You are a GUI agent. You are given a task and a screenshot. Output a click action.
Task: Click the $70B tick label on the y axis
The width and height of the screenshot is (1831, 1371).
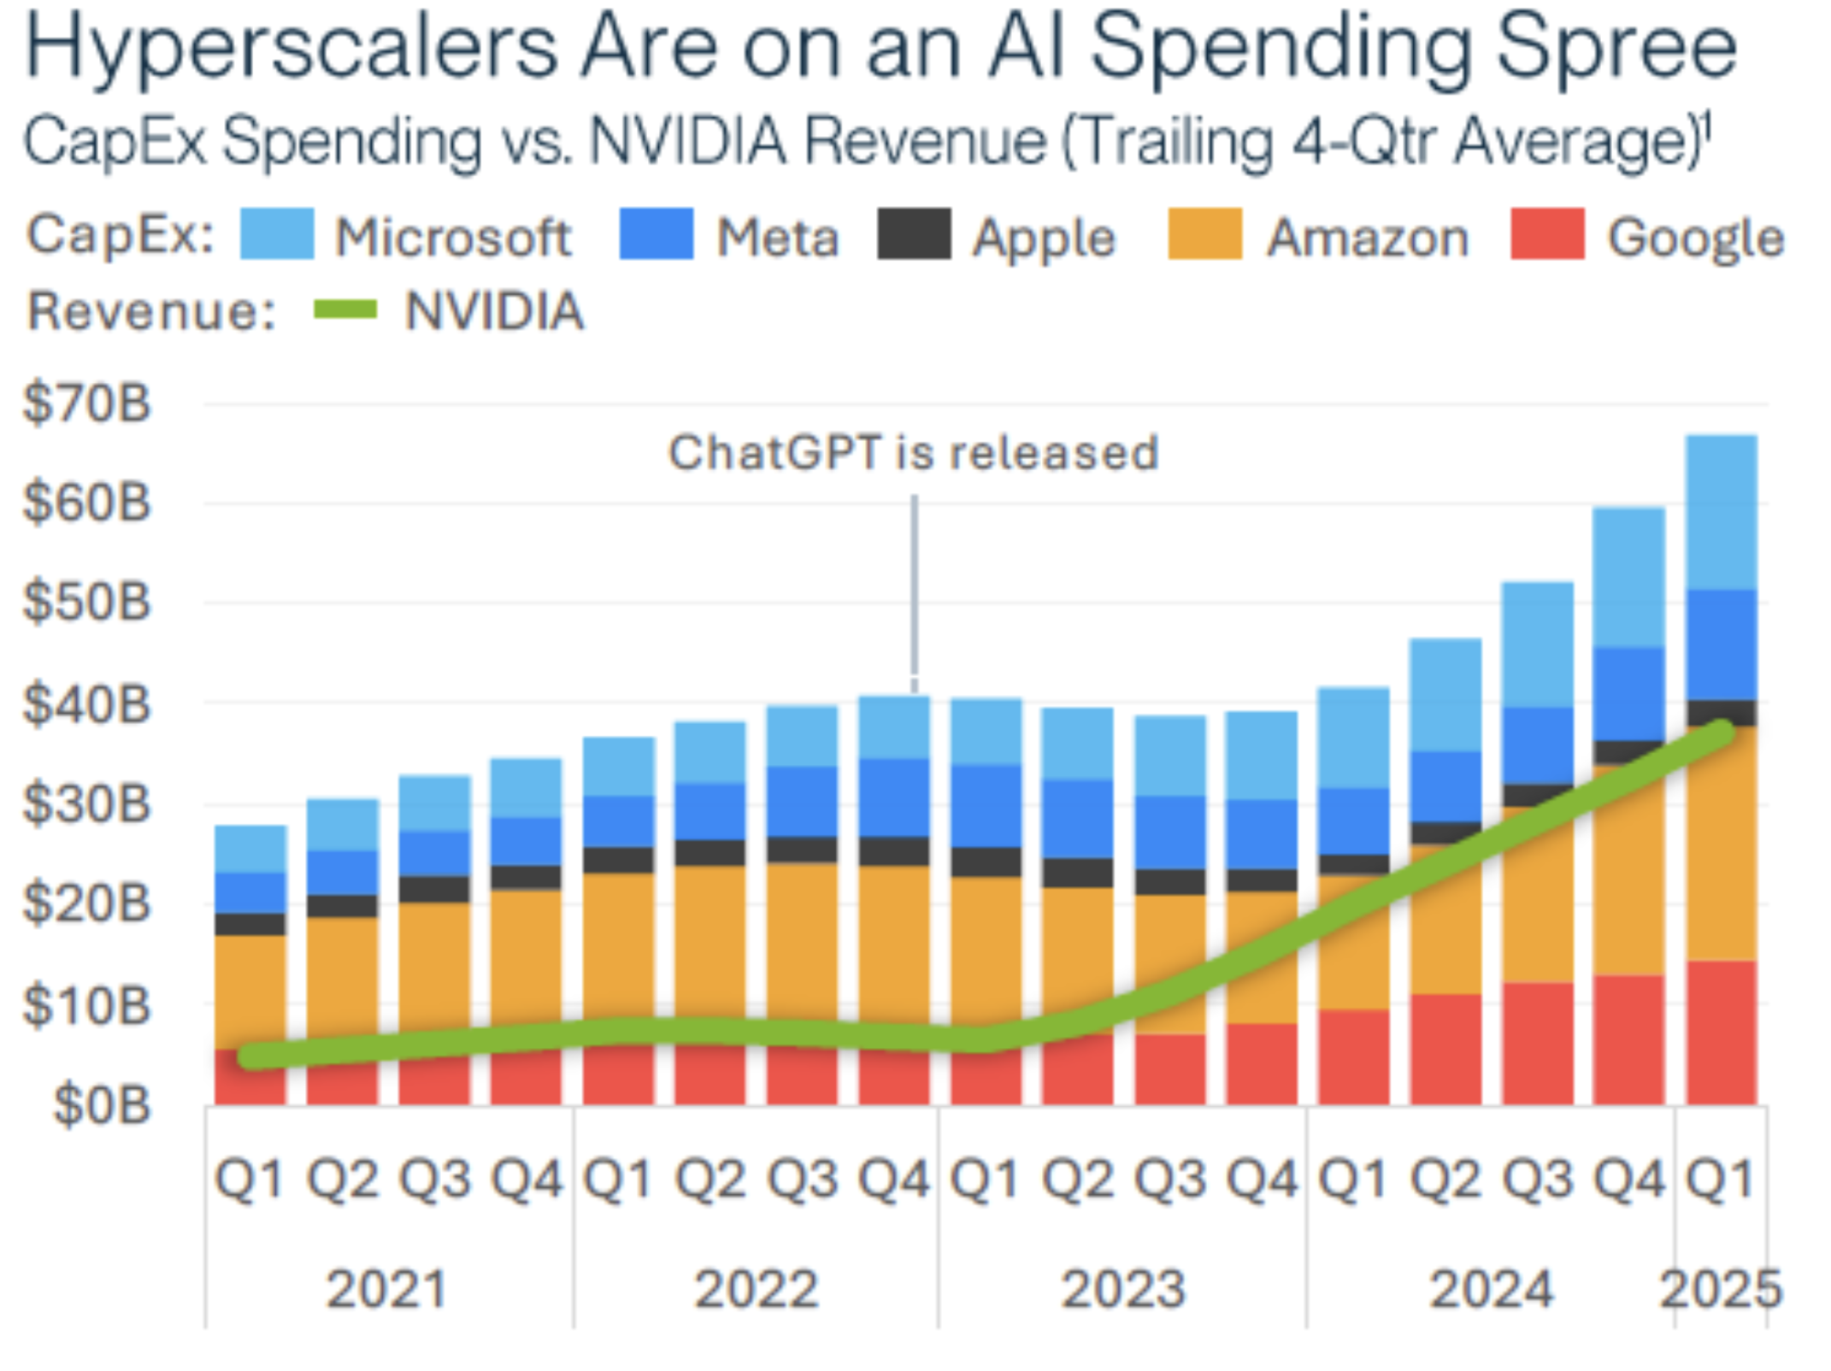[86, 403]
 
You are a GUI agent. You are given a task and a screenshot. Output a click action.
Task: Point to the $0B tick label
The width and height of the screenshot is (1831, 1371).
[102, 1104]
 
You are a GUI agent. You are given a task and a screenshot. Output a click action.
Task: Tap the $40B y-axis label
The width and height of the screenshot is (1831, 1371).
[86, 704]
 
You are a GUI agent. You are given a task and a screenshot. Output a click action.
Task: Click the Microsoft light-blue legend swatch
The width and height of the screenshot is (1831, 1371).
[276, 234]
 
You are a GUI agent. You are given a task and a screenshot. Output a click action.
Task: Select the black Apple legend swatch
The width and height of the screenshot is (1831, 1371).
[914, 234]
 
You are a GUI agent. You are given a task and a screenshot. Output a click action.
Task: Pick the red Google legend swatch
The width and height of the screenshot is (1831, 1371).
[1547, 234]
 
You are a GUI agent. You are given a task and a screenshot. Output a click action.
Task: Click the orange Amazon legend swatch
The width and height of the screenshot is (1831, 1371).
[1204, 234]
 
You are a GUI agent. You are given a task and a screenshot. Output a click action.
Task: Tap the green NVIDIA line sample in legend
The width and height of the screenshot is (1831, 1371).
[345, 309]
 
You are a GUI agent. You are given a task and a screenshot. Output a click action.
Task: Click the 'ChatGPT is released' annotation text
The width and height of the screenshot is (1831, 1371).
[913, 452]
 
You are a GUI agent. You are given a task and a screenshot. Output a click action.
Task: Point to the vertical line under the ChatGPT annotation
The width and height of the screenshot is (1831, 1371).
[915, 590]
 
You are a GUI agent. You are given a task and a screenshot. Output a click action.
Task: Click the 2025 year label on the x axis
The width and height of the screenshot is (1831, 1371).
[1720, 1289]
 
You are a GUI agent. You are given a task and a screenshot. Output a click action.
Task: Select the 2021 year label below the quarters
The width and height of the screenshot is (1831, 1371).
[386, 1289]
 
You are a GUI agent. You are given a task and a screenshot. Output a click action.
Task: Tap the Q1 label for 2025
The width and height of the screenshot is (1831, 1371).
[1720, 1180]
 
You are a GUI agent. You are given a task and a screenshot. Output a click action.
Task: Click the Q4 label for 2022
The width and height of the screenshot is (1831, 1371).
[894, 1180]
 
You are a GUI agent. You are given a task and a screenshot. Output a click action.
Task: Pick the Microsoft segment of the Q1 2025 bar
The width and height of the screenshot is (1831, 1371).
[1721, 513]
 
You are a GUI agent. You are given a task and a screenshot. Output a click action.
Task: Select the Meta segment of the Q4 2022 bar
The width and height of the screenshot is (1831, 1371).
[894, 797]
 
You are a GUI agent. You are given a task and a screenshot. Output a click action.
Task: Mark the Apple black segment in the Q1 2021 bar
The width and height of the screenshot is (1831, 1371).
[250, 924]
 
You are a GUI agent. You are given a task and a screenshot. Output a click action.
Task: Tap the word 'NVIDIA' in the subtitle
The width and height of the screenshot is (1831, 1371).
[689, 141]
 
